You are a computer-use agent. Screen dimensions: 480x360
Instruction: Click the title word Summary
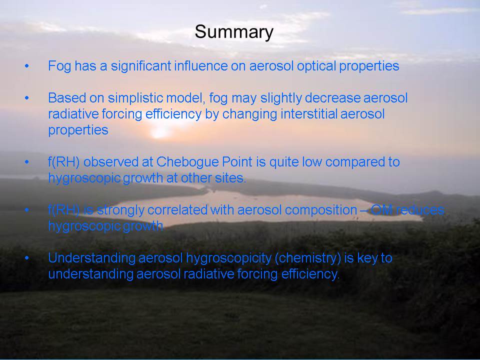click(234, 32)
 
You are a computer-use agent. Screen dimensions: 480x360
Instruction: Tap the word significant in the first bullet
click(141, 66)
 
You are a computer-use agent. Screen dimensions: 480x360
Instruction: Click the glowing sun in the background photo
click(159, 132)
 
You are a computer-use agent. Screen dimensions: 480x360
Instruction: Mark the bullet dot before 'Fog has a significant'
click(27, 66)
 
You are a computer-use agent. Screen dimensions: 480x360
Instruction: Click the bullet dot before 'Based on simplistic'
click(27, 98)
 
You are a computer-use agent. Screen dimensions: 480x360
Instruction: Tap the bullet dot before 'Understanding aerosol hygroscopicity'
click(27, 258)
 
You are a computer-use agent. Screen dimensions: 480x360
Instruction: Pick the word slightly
click(281, 98)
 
